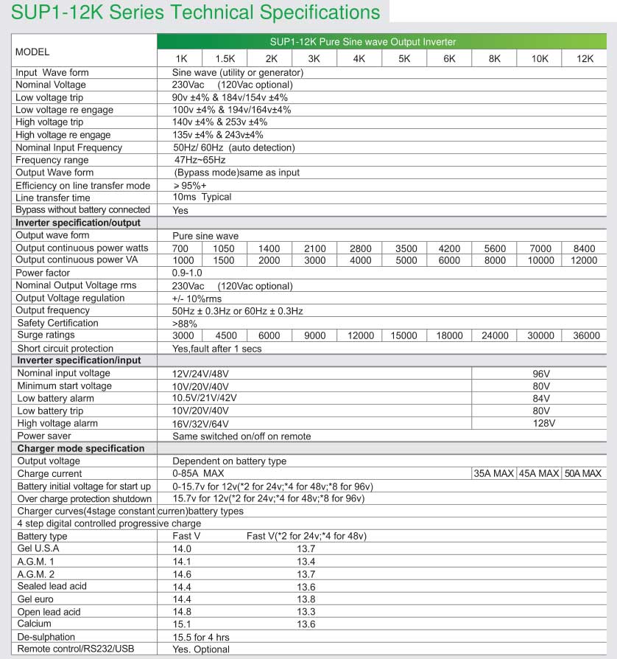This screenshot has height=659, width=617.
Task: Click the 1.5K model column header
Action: click(x=225, y=59)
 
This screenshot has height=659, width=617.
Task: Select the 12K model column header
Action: click(x=585, y=59)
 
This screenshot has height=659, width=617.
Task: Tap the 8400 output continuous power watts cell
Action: click(x=584, y=249)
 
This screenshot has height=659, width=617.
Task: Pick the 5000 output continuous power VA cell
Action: click(x=404, y=261)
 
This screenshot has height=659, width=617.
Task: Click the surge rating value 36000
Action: click(x=586, y=336)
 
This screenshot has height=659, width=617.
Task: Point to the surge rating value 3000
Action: click(x=183, y=336)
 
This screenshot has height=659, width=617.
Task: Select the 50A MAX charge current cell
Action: click(x=583, y=473)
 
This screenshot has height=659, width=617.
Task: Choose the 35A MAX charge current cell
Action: click(x=493, y=473)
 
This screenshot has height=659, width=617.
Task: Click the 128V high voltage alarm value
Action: click(x=543, y=424)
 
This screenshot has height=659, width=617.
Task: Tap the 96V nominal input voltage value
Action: click(x=542, y=374)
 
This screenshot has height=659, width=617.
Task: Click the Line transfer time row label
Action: click(x=53, y=198)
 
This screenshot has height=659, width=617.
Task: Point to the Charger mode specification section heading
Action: click(x=81, y=448)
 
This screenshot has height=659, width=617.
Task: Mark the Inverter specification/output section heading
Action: click(x=78, y=223)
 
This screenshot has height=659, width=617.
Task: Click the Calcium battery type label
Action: click(x=35, y=624)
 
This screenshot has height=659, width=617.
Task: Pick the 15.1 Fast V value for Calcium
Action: click(x=182, y=624)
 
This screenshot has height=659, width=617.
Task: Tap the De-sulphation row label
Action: click(x=46, y=637)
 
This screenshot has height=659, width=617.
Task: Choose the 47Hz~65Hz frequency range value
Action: click(x=200, y=160)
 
